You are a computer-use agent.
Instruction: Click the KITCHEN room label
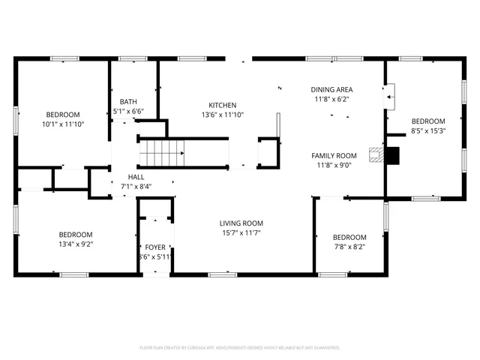pos(223,105)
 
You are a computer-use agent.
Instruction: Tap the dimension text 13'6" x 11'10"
pos(223,115)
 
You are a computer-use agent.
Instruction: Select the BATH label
pos(128,102)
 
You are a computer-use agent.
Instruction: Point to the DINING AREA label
pos(331,89)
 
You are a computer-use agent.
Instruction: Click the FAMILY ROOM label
pos(334,155)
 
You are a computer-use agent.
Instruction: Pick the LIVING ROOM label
pos(241,223)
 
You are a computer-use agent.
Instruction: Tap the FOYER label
pos(155,247)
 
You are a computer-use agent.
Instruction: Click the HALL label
pos(136,177)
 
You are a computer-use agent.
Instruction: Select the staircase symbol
pos(162,153)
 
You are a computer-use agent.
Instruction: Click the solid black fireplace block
pos(391,155)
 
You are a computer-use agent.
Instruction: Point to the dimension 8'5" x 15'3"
pos(427,130)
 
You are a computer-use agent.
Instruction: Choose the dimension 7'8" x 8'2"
pos(349,247)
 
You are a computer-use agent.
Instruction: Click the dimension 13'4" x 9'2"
pos(76,243)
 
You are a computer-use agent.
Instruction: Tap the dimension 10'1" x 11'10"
pos(63,124)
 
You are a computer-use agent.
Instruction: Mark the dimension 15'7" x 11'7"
pos(241,233)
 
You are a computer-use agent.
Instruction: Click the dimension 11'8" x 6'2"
pos(331,98)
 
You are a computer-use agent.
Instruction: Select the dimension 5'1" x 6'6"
pos(128,112)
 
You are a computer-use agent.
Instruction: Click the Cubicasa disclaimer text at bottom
pos(240,348)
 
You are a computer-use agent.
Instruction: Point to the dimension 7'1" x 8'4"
pos(136,186)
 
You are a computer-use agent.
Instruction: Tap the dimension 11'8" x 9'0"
pos(334,165)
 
